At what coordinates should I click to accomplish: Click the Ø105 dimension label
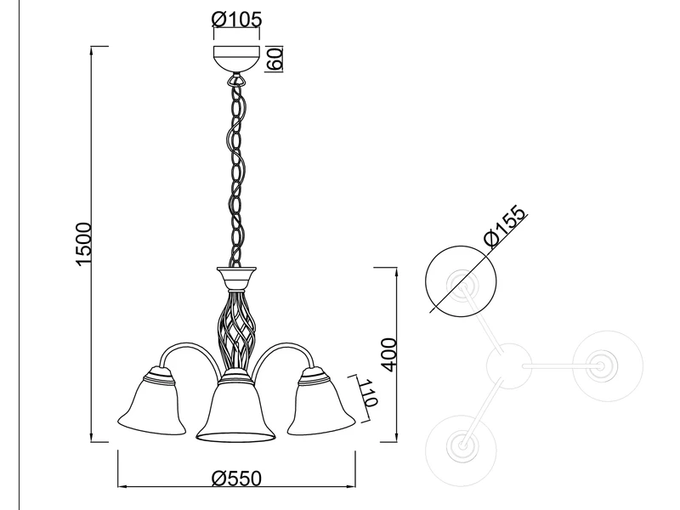pos(237,19)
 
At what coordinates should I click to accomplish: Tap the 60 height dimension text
pos(275,59)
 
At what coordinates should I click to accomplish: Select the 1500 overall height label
pos(83,244)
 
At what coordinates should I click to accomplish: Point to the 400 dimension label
pos(389,354)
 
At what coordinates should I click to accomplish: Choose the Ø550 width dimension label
pos(237,479)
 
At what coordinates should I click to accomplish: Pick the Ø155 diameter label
pos(505,226)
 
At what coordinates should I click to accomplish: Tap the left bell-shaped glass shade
pos(151,401)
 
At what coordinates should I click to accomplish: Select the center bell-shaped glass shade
pos(235,407)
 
